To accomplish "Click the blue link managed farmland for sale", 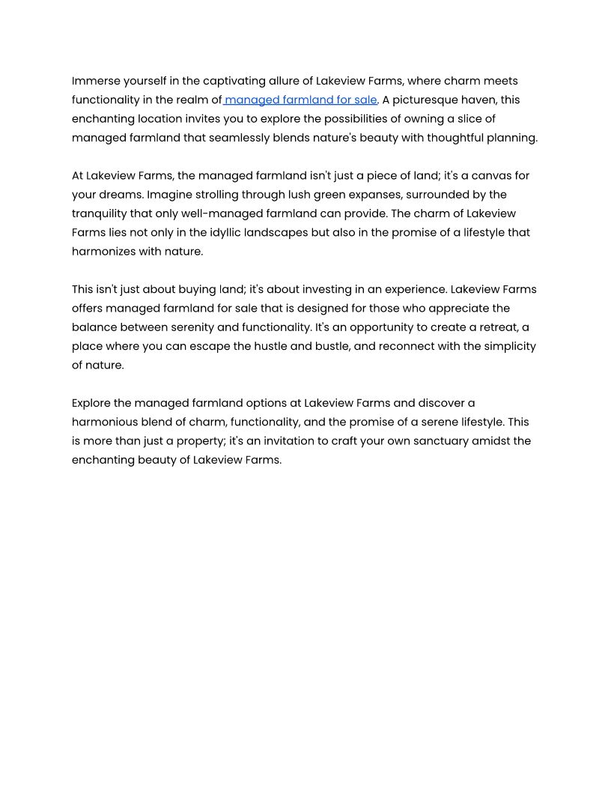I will click(x=300, y=100).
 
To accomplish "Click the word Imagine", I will click(x=171, y=195).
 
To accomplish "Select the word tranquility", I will click(x=99, y=213).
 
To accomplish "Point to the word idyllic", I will click(x=228, y=232).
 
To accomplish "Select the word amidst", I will click(x=490, y=441).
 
